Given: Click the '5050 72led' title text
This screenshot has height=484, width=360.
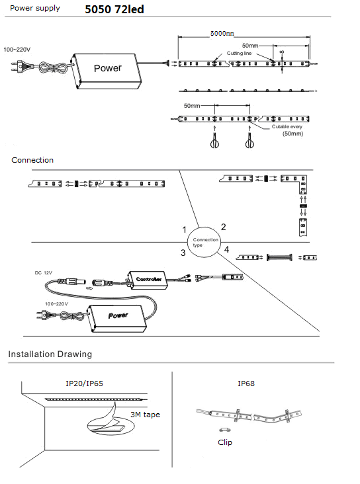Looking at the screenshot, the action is click(x=114, y=9).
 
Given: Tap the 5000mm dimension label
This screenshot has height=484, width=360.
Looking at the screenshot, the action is click(x=222, y=33).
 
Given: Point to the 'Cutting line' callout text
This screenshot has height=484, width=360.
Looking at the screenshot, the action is click(x=239, y=53).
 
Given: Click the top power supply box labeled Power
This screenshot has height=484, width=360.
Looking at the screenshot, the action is click(x=107, y=71).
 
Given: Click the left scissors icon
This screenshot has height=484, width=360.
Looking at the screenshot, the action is click(x=214, y=141).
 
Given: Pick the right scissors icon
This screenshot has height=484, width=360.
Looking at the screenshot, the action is click(x=249, y=141).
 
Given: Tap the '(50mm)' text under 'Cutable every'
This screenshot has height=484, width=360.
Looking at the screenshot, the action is click(x=292, y=134).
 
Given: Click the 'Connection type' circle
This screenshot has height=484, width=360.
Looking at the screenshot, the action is click(x=204, y=242).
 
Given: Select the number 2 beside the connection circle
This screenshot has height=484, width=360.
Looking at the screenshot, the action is click(x=224, y=227).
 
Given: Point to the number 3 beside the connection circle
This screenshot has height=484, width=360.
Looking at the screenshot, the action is click(x=183, y=253).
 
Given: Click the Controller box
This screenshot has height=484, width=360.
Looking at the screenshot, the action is click(x=147, y=280).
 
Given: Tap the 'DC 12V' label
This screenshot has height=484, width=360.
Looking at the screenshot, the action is click(x=43, y=273).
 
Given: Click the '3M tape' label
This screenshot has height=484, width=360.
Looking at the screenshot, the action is click(x=145, y=415).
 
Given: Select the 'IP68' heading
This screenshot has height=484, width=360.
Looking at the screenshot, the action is click(x=246, y=383).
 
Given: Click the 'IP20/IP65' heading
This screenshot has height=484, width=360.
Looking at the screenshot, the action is click(x=84, y=383).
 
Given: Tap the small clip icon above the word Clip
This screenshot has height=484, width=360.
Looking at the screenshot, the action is click(x=224, y=430).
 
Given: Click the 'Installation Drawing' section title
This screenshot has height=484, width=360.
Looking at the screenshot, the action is click(x=50, y=354).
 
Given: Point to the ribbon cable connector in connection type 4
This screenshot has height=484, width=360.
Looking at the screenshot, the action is click(x=279, y=257).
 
